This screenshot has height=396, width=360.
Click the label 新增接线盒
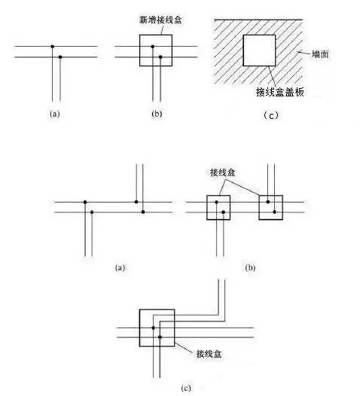click(160, 20)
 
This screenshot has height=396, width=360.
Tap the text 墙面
click(320, 54)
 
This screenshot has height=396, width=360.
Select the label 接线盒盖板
click(279, 92)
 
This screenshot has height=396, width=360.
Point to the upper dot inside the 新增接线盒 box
click(153, 47)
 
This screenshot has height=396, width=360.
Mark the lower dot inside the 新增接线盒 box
click(160, 57)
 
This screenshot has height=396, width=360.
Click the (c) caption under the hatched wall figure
click(271, 116)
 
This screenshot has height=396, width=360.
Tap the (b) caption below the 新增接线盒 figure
click(157, 114)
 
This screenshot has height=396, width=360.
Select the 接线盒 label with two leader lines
click(223, 172)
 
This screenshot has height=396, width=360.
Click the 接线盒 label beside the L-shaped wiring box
click(209, 354)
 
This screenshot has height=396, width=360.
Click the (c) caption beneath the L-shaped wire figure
click(186, 388)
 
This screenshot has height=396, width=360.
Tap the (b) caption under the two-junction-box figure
click(250, 267)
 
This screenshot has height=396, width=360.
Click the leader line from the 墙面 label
click(304, 53)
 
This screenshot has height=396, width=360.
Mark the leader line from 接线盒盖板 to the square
click(273, 76)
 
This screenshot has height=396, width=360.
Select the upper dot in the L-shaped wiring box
click(154, 327)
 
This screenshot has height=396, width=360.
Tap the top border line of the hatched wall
click(258, 20)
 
